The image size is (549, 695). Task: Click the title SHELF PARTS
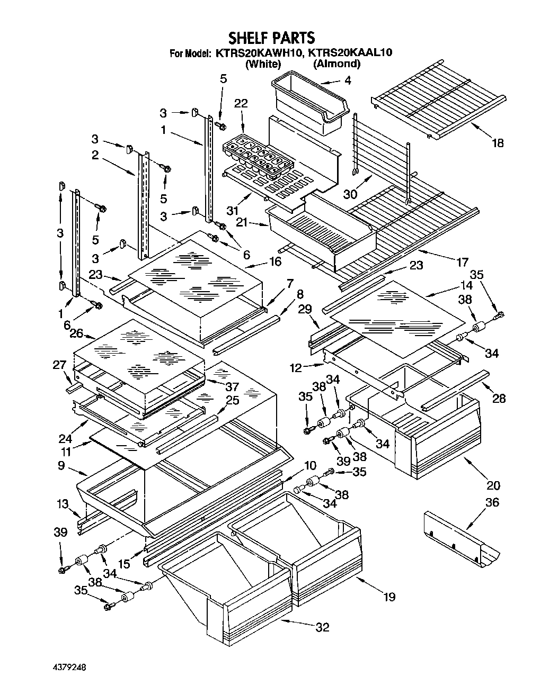tap(271, 38)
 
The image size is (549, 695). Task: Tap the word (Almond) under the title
tap(337, 64)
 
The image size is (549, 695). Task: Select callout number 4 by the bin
tap(347, 81)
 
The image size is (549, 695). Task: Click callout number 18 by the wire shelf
tap(497, 142)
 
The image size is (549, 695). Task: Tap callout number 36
tap(492, 502)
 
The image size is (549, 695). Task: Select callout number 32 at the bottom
tap(322, 628)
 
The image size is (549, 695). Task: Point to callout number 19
tap(389, 597)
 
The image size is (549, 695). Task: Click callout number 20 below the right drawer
tap(493, 485)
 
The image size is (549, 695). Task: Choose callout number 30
tap(350, 194)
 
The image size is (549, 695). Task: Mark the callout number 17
tap(462, 261)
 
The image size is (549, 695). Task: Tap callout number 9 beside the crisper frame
tap(61, 466)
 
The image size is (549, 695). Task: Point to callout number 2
tap(95, 155)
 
